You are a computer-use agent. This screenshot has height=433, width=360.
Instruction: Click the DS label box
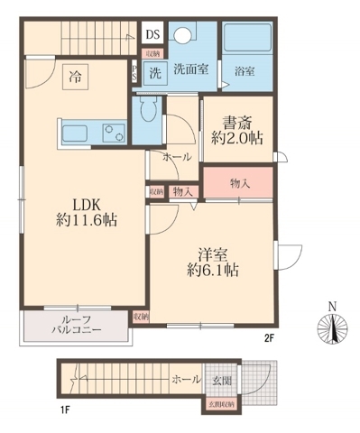pyautogui.click(x=153, y=36)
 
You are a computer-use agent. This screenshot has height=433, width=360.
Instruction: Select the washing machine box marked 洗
pyautogui.click(x=154, y=73)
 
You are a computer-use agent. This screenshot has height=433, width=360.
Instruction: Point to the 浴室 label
pyautogui.click(x=243, y=69)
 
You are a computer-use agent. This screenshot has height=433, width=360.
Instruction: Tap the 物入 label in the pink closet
pyautogui.click(x=239, y=183)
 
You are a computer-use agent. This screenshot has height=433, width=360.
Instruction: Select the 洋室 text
pyautogui.click(x=212, y=253)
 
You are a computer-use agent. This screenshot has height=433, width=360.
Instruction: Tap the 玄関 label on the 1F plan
pyautogui.click(x=219, y=380)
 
